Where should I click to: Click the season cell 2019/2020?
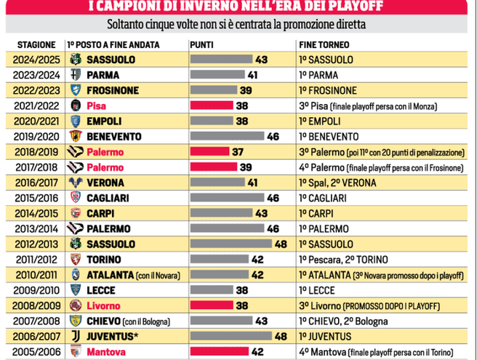[x=33, y=136]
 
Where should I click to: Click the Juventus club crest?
[x=75, y=336]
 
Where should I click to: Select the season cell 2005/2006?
[x=33, y=351]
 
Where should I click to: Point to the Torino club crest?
[x=75, y=259]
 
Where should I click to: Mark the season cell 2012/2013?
[x=33, y=244]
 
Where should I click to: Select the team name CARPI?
[x=102, y=213]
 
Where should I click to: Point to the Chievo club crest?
[x=75, y=321]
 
